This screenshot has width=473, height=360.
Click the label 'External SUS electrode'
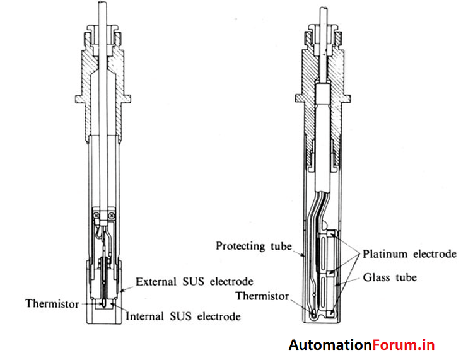tap(194, 281)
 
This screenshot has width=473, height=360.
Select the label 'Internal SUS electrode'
tap(183, 316)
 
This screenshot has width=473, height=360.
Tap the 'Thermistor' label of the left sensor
tap(52, 304)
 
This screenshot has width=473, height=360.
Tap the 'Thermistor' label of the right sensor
tap(263, 296)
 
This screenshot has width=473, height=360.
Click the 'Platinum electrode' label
tap(409, 254)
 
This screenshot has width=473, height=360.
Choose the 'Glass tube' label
tap(390, 277)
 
